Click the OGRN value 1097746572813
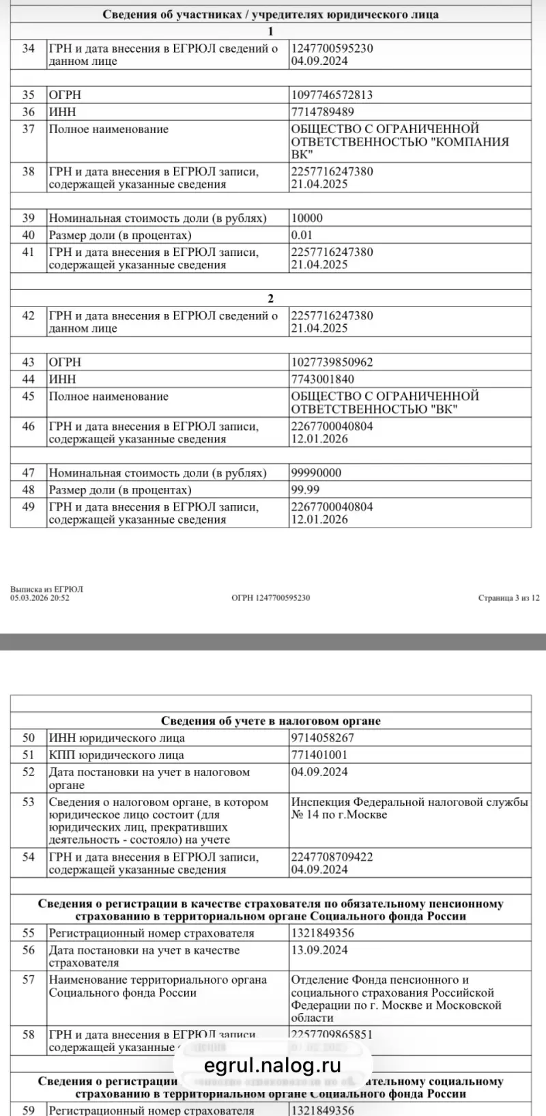pyautogui.click(x=332, y=95)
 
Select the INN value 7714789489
pyautogui.click(x=323, y=112)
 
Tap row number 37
pyautogui.click(x=28, y=129)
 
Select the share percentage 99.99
pyautogui.click(x=305, y=490)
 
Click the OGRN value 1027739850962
pyautogui.click(x=332, y=362)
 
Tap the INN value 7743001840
pyautogui.click(x=323, y=380)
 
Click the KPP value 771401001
pyautogui.click(x=319, y=755)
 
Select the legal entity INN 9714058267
pyautogui.click(x=323, y=738)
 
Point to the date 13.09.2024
pyautogui.click(x=319, y=950)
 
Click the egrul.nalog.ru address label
pyautogui.click(x=272, y=1065)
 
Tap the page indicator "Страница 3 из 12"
pyautogui.click(x=508, y=598)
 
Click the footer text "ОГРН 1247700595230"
pyautogui.click(x=270, y=598)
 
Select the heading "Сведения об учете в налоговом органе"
pyautogui.click(x=271, y=721)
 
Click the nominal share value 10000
pyautogui.click(x=307, y=218)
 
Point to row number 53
pyautogui.click(x=28, y=802)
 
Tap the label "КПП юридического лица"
pyautogui.click(x=116, y=755)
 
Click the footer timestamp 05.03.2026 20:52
pyautogui.click(x=40, y=598)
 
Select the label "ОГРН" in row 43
pyautogui.click(x=64, y=362)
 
